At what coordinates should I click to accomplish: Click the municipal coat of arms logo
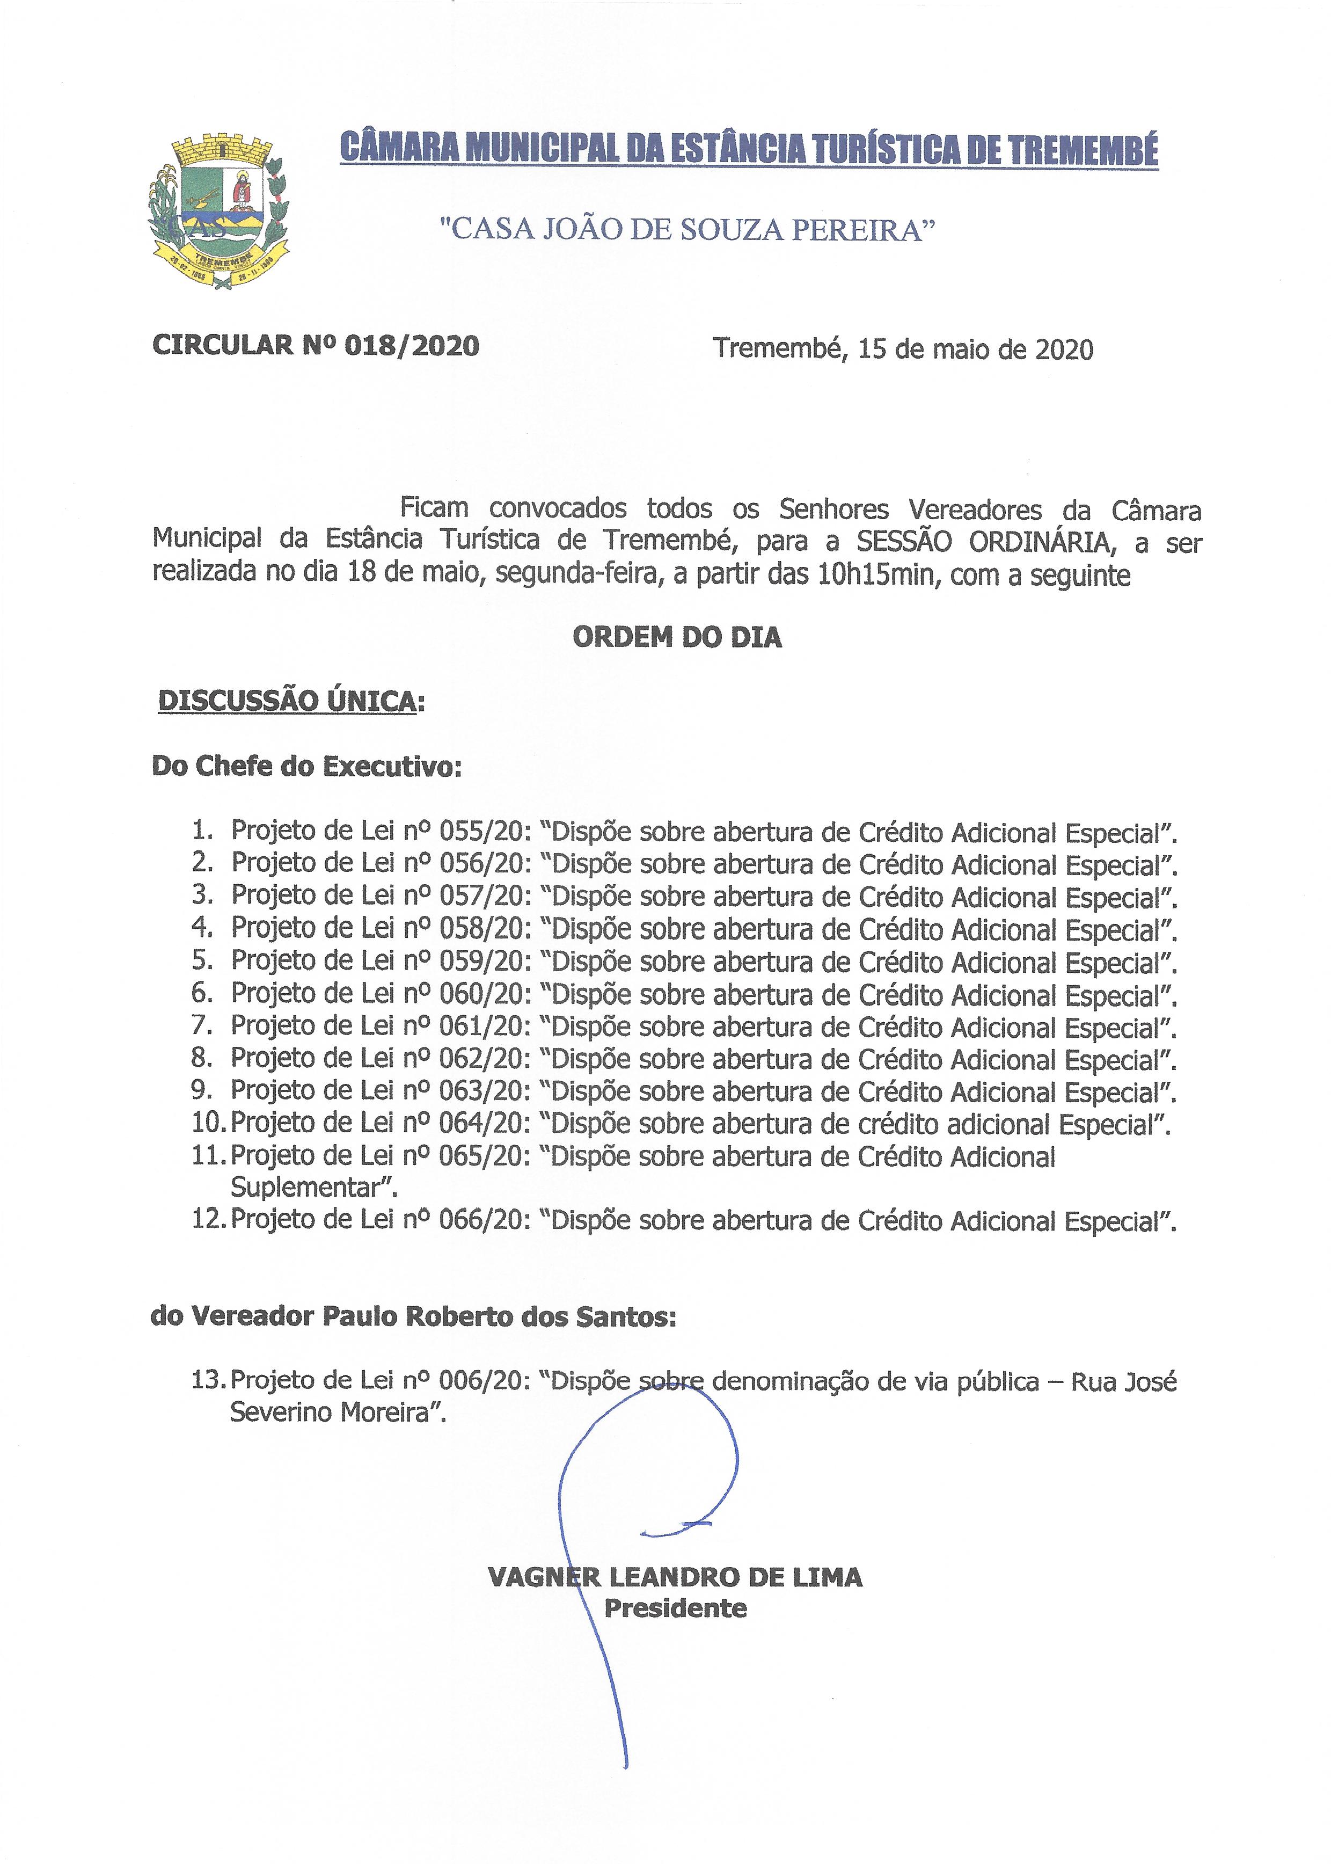[x=217, y=212]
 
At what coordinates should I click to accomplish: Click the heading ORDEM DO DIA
[x=677, y=638]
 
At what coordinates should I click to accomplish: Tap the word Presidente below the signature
[x=675, y=1608]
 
